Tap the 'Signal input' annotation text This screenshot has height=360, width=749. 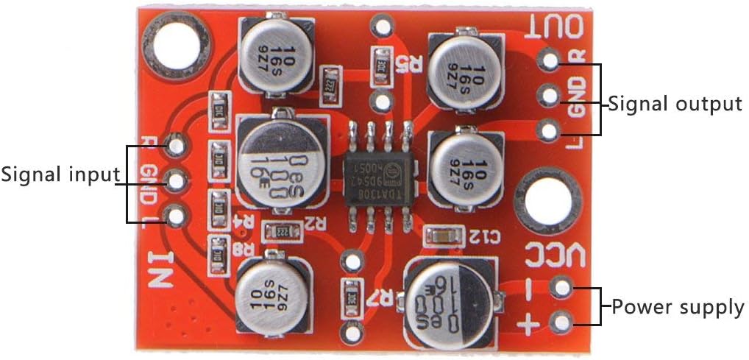point(60,175)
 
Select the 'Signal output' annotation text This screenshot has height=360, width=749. point(675,104)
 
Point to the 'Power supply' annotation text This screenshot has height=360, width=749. point(678,306)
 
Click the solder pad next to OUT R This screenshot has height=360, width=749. point(549,58)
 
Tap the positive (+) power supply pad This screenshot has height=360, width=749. point(561,322)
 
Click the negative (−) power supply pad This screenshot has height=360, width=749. point(561,287)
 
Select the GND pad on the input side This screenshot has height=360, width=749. point(175,179)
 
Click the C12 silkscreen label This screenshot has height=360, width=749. point(484,236)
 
